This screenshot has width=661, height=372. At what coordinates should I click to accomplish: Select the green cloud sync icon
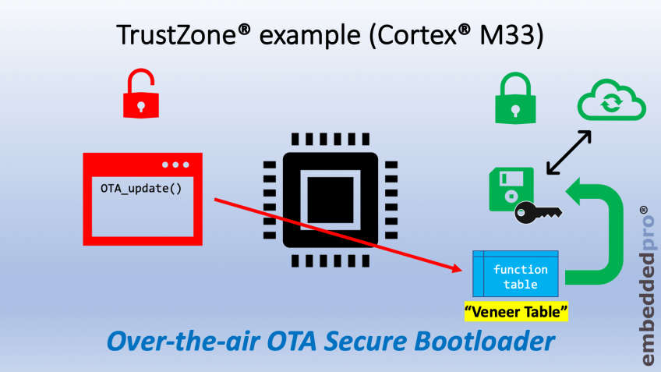610,103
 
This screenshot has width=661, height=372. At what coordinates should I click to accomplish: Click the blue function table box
515,275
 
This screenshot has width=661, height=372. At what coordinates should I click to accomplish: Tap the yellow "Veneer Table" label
515,312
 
